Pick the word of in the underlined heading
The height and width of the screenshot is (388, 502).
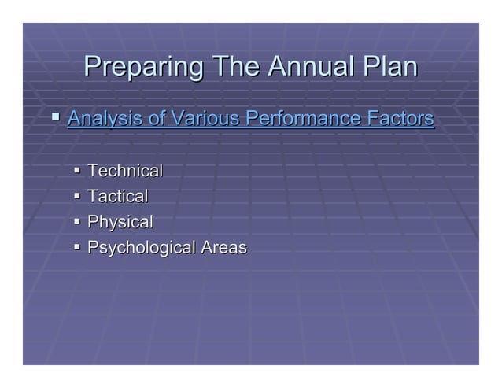point(157,120)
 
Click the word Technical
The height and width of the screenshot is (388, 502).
point(125,171)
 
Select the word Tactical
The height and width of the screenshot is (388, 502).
point(118,197)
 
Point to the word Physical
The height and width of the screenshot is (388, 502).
point(120,223)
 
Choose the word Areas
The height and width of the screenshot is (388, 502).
point(224,249)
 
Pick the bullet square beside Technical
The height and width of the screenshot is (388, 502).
point(77,171)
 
